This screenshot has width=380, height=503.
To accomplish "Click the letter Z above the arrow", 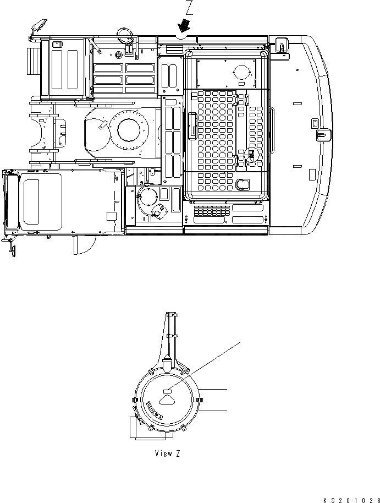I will click(x=189, y=8).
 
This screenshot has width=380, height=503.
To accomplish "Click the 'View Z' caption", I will click(x=167, y=453).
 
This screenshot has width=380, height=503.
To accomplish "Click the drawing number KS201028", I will click(x=351, y=499).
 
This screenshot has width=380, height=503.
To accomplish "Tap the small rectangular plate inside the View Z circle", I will click(x=168, y=391).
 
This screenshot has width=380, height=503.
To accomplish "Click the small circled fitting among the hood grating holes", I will click(x=252, y=154).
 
